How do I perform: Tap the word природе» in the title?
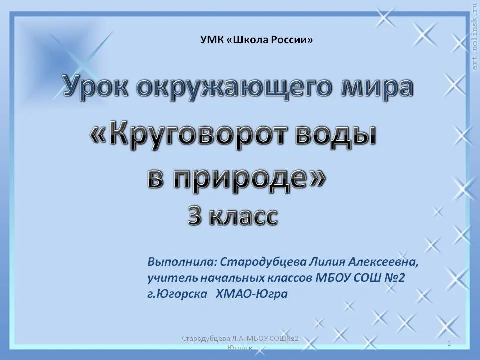[249, 180]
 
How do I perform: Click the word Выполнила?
[182, 262]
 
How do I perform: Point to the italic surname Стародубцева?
[263, 262]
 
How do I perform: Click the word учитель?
[172, 278]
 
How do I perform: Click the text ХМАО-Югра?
[252, 294]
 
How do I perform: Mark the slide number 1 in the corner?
[449, 344]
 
